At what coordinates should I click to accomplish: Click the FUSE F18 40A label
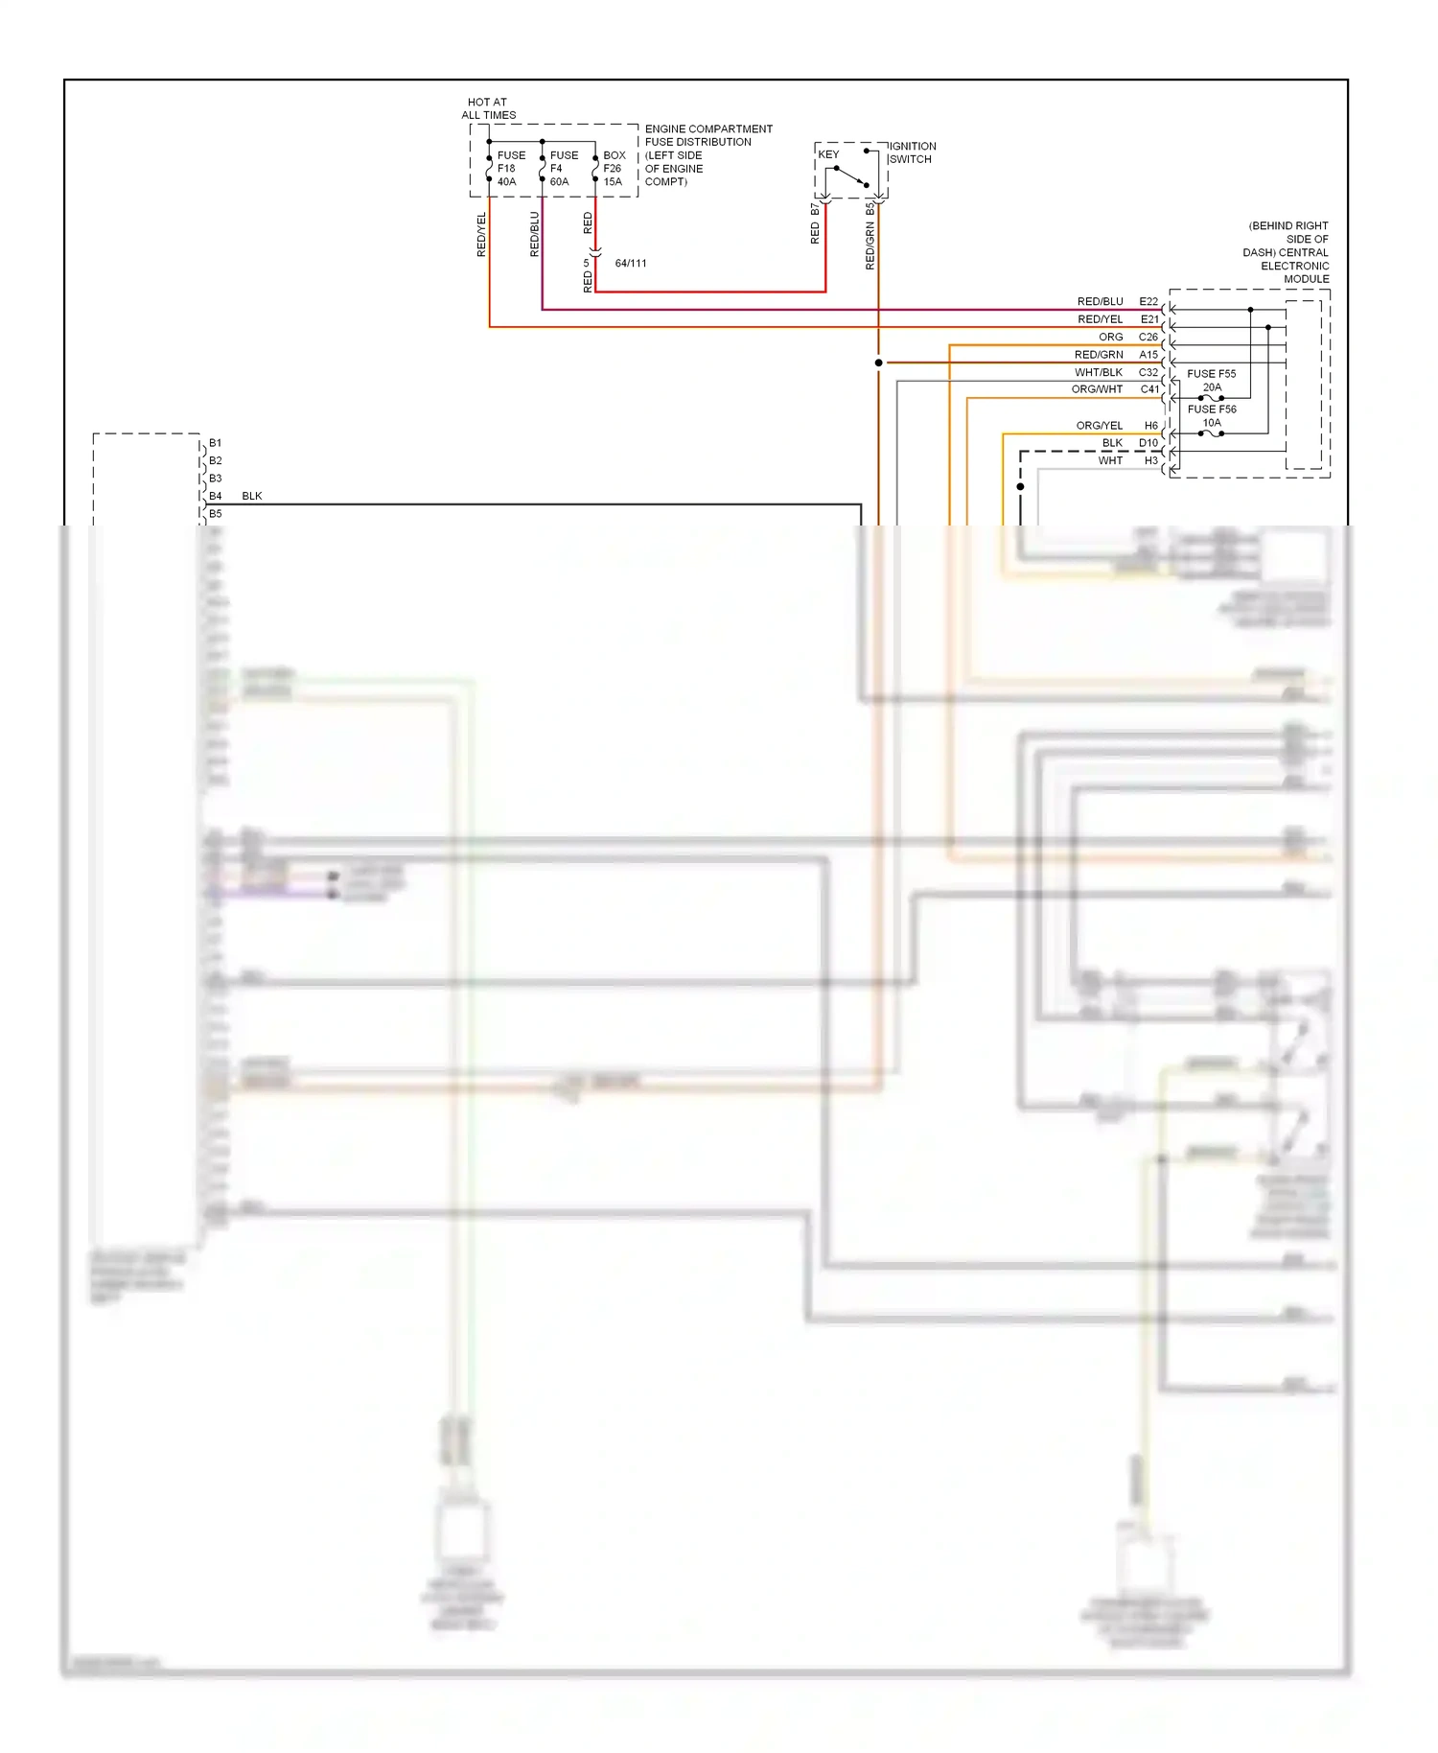[x=510, y=168]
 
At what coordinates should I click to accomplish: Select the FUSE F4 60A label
[x=563, y=168]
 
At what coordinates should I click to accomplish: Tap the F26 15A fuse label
[x=614, y=168]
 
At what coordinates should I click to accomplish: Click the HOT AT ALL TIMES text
[x=488, y=108]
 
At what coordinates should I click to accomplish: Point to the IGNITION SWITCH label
[x=912, y=152]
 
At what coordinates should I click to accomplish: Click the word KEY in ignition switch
[x=828, y=154]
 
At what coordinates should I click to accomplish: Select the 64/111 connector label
[x=631, y=263]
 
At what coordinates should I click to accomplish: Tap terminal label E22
[x=1148, y=301]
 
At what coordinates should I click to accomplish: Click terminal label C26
[x=1148, y=337]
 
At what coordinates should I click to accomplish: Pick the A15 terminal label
[x=1148, y=355]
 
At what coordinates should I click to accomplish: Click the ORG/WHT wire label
[x=1097, y=389]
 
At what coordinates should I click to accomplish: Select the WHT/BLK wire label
[x=1099, y=372]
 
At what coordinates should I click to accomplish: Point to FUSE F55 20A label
[x=1212, y=380]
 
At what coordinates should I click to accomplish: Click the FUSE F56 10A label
[x=1212, y=415]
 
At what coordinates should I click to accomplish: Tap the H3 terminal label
[x=1151, y=460]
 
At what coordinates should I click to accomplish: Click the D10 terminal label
[x=1148, y=443]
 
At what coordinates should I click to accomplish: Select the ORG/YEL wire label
[x=1099, y=425]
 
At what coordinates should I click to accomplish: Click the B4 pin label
[x=216, y=496]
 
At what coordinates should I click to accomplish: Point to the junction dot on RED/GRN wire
[x=878, y=362]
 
